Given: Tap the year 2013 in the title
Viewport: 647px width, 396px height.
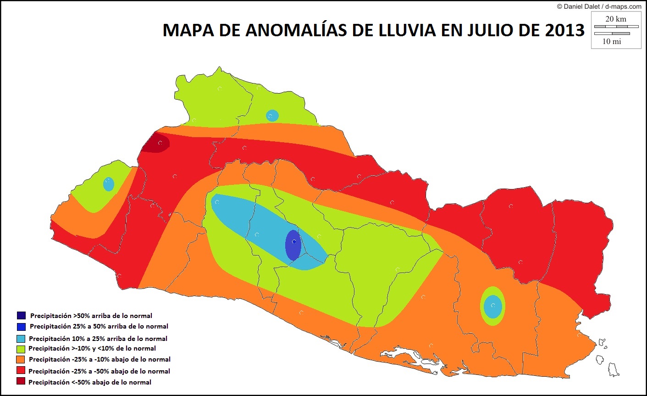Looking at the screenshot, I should pos(565,30).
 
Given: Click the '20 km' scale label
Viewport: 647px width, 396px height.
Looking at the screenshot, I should pos(615,19).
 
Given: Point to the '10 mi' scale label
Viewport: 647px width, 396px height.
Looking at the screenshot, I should pos(612,41).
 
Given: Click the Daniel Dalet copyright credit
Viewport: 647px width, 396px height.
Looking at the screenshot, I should pos(599,6).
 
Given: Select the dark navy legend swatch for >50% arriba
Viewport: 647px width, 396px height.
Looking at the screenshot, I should pos(21,315).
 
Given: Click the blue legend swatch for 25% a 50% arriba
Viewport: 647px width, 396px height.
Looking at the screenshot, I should pos(21,326).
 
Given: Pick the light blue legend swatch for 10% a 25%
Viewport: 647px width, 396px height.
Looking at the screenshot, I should pos(21,338).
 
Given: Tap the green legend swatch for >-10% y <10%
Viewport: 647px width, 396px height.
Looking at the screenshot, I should pos(21,348).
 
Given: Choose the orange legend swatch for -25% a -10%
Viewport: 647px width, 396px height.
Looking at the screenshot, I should pos(21,359).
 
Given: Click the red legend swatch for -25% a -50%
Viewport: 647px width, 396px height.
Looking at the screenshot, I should pos(21,371).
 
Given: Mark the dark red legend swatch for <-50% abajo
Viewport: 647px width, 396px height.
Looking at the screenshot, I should pos(21,381).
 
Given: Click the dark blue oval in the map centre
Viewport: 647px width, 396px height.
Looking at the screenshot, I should pos(293,245).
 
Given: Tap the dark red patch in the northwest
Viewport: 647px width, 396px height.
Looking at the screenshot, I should pos(156,143).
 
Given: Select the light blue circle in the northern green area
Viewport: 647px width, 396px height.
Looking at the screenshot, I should pos(272,116).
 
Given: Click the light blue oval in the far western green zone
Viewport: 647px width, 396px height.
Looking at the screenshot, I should pos(109,184).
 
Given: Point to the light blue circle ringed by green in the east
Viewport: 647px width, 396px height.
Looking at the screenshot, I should pos(493,306).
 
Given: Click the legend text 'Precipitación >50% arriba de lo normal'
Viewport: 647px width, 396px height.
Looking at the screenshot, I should pos(91,316).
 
